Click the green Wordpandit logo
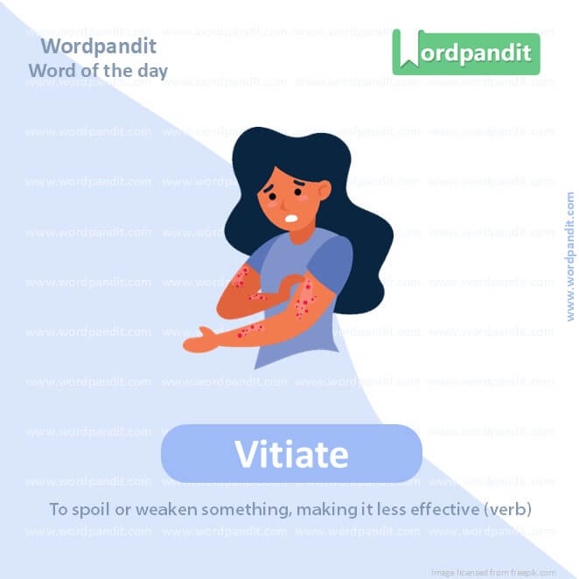click(x=465, y=52)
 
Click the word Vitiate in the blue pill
click(x=291, y=455)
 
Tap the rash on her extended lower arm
click(x=249, y=330)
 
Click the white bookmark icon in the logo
click(x=406, y=52)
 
